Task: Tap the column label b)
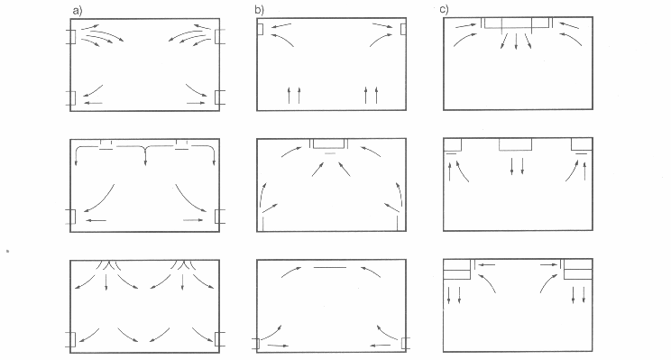click(262, 10)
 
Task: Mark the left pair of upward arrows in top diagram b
click(292, 95)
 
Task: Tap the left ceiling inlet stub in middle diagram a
click(106, 143)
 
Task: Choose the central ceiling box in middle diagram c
click(516, 144)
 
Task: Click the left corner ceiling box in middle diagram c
click(454, 144)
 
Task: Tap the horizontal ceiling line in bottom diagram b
click(329, 268)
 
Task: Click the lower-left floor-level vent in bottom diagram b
click(255, 343)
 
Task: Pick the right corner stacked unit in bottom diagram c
click(577, 269)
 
